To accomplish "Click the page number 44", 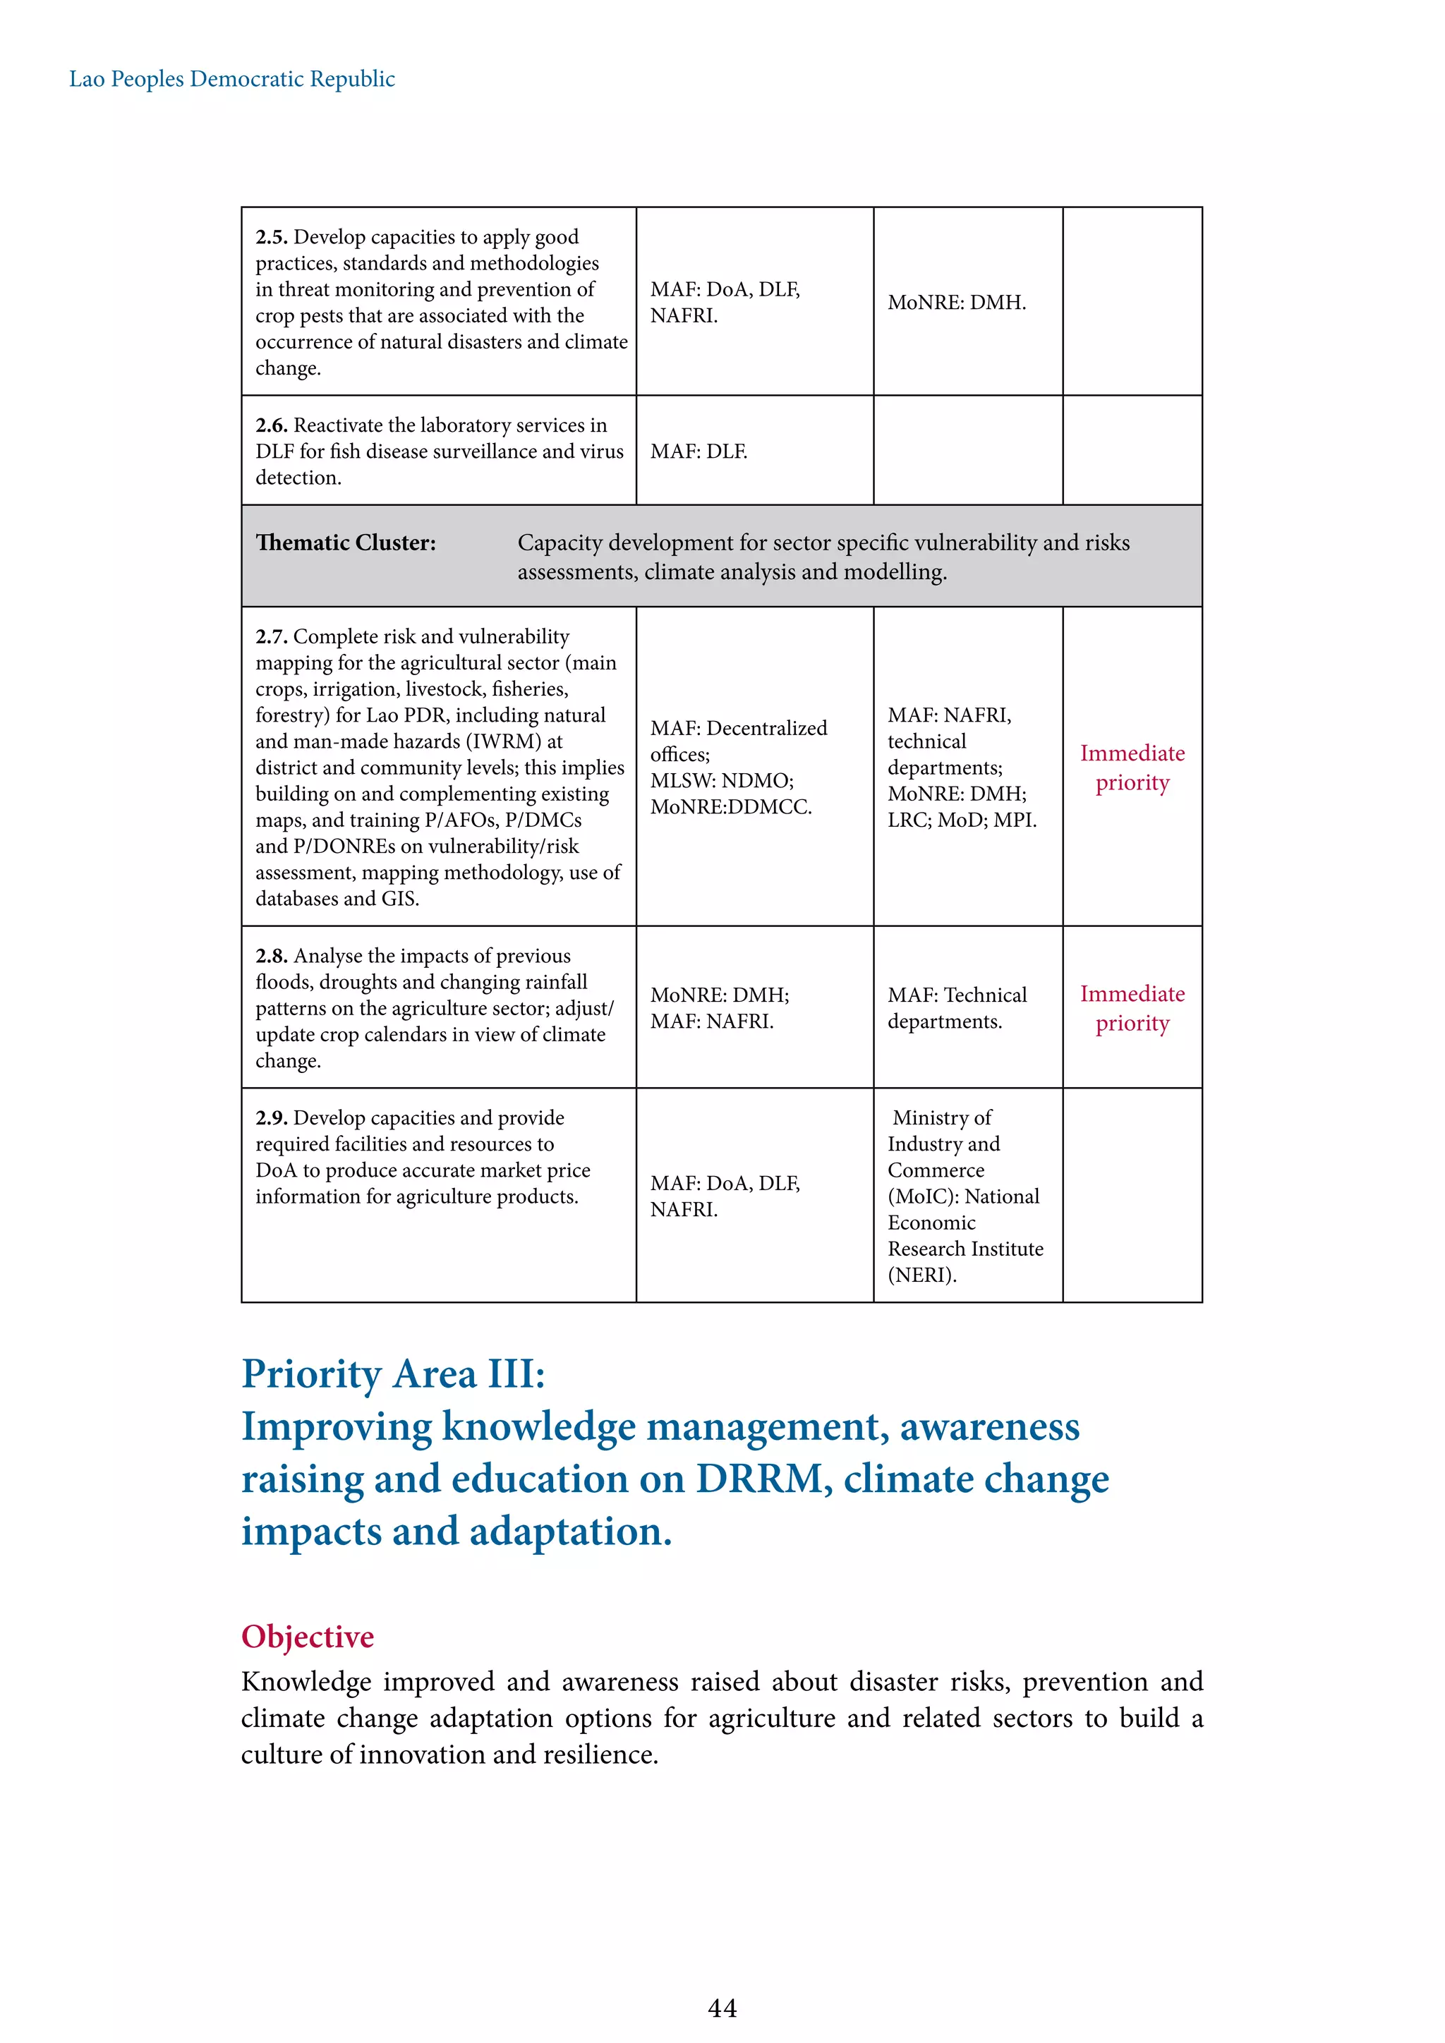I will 722,2008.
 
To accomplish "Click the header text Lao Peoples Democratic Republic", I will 231,79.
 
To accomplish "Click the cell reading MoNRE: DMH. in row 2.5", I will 957,303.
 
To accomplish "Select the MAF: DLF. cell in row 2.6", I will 699,452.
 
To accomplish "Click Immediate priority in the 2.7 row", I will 1132,768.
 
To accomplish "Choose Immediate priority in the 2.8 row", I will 1132,1008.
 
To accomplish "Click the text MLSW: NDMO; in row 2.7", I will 722,781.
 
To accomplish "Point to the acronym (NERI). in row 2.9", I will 921,1275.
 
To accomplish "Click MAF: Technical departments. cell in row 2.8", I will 957,1008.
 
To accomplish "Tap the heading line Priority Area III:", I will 393,1374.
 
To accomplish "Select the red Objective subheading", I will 307,1637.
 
